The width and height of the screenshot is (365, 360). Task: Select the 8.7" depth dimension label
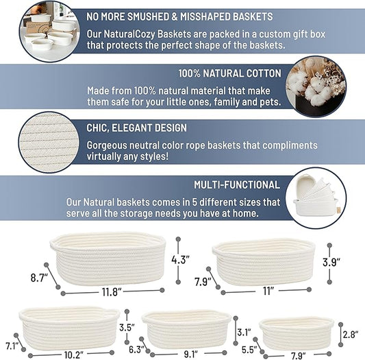coord(38,278)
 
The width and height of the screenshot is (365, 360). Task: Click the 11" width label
coord(268,291)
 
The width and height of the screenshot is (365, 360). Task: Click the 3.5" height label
coord(125,327)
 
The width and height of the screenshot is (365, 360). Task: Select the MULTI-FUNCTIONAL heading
coord(237,184)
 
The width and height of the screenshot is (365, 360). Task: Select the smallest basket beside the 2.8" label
coord(297,332)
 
